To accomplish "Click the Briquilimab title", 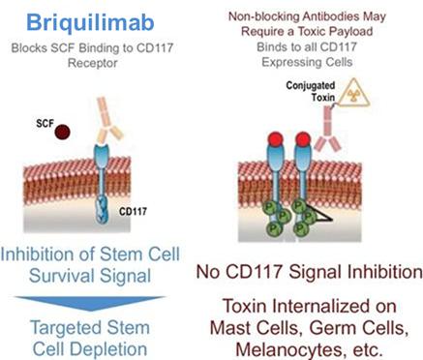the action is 90,23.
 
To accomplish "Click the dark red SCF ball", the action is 62,132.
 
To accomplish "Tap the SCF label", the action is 45,123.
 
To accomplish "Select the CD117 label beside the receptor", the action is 133,212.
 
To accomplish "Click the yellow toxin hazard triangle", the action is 352,93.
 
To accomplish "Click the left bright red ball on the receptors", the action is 276,139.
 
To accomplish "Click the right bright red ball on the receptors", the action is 303,139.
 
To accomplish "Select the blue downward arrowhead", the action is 90,303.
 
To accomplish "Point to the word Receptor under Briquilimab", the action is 93,63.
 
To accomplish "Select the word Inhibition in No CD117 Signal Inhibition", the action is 385,272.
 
